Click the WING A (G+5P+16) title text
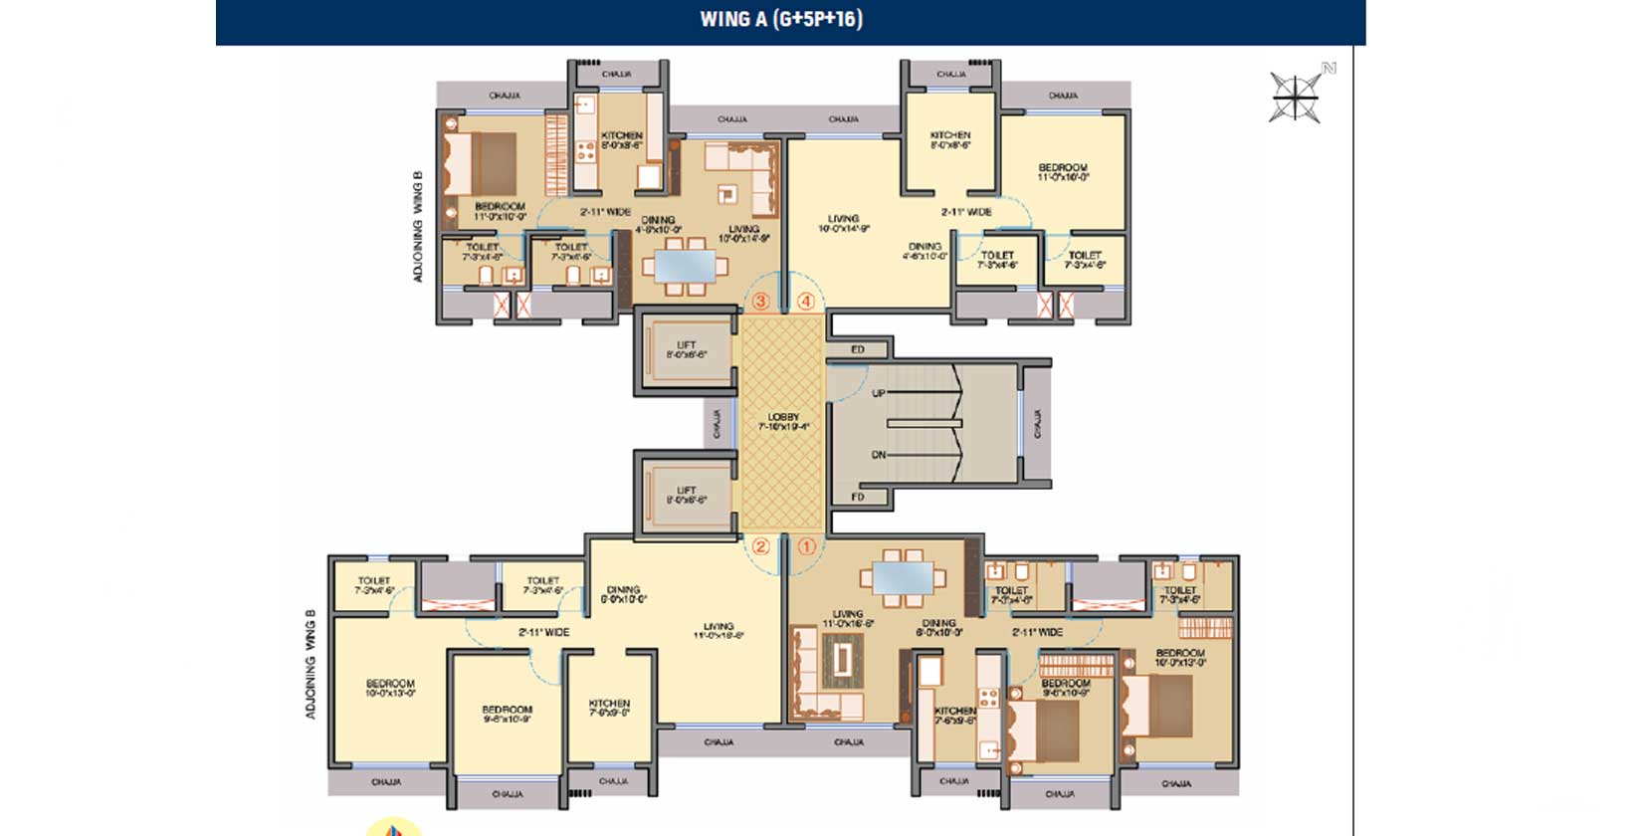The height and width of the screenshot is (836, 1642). pos(781,19)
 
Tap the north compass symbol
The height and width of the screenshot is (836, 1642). pos(1297,97)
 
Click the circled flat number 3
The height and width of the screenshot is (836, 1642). pos(761,301)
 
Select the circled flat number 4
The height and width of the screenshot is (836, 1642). pos(806,301)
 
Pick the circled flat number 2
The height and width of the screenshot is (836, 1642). pos(760,546)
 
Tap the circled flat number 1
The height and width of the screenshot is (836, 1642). pos(806,546)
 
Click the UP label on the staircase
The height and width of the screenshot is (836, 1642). pos(878,393)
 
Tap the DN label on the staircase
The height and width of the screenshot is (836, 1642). pos(878,455)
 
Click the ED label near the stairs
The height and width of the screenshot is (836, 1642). pos(857,349)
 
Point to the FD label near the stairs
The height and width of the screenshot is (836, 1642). pos(857,497)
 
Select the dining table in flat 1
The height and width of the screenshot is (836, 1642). pos(903,578)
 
